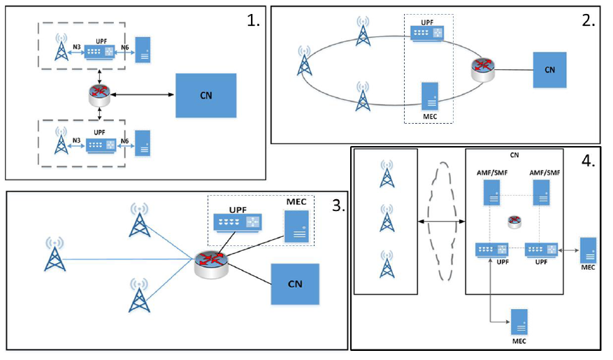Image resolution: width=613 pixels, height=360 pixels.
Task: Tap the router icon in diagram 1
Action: point(99,92)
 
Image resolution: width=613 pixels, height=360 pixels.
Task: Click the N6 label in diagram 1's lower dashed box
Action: point(124,141)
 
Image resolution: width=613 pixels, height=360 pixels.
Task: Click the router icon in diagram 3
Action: point(210,261)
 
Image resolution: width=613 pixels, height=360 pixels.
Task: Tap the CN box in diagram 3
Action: point(294,284)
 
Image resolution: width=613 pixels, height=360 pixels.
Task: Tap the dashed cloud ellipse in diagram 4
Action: point(442,221)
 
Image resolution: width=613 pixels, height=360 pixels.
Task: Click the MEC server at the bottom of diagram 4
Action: point(519,323)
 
